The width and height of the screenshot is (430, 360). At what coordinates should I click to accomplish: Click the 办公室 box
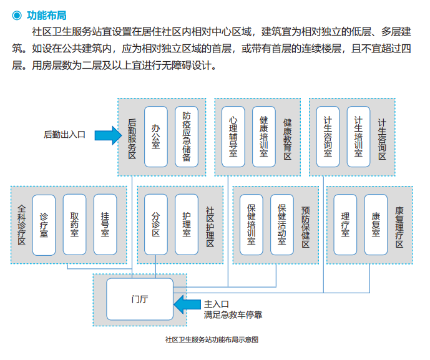pos(156,137)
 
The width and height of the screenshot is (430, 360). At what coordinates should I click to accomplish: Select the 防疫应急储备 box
pos(187,137)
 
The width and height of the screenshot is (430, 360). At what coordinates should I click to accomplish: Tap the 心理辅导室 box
pos(233,137)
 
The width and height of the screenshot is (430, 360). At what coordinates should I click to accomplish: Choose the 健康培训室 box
pos(264,137)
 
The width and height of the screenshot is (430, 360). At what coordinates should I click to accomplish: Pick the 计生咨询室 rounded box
pos(328,137)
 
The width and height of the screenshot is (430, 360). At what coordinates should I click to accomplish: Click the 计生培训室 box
pos(359,137)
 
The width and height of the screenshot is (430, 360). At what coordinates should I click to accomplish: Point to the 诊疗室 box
pos(44,225)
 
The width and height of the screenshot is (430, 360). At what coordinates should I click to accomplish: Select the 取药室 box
pos(75,225)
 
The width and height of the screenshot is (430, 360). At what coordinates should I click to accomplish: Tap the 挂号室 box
pos(105,225)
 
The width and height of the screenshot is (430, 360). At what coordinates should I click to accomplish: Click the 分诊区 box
pos(156,225)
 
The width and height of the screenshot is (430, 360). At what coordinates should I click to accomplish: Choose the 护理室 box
pos(187,225)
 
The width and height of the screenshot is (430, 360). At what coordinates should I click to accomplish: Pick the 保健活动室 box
pos(282,225)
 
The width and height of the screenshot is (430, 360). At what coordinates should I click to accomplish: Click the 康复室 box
pos(376,225)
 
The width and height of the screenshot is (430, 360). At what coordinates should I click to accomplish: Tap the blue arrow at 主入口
pos(187,304)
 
